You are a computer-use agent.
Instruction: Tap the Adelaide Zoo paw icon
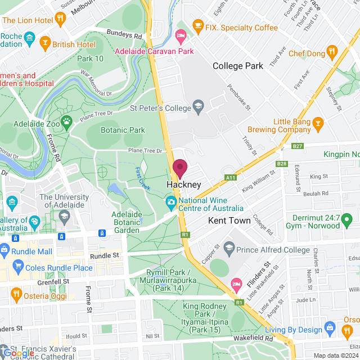66,120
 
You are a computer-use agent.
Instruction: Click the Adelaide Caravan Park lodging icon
181,37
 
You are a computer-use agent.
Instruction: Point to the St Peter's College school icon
198,105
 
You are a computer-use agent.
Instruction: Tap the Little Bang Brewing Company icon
318,122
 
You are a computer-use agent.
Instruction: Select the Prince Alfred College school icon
229,247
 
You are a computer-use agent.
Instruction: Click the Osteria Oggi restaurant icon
16,293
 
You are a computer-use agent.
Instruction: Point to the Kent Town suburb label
229,220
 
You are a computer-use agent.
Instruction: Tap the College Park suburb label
238,66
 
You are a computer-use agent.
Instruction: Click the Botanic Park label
123,130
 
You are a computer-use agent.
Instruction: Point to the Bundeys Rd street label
125,34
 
